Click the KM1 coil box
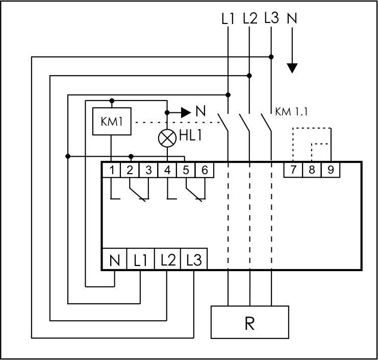[x=111, y=123]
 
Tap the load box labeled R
[x=249, y=323]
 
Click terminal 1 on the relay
[x=111, y=170]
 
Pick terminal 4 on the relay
[x=167, y=170]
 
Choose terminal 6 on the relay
[x=205, y=170]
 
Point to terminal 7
[x=293, y=170]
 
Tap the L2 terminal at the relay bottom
[x=167, y=261]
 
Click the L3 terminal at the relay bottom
[x=194, y=261]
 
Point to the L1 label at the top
[x=228, y=19]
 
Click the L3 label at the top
[x=271, y=19]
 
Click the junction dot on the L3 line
[x=271, y=57]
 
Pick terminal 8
[x=312, y=170]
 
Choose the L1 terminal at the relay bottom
[x=140, y=261]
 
